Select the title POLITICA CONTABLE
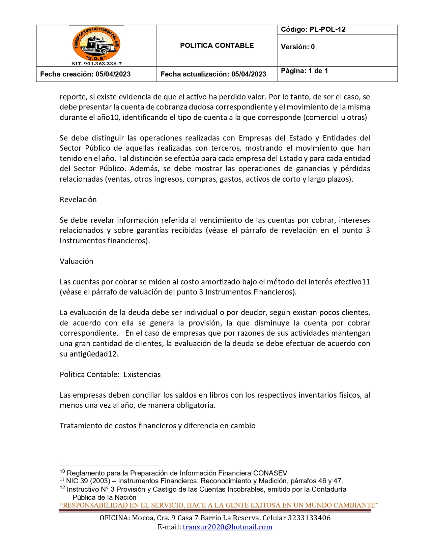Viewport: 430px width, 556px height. [217, 45]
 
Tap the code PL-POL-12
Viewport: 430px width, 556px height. [313, 29]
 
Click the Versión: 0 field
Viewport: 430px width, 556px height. [298, 47]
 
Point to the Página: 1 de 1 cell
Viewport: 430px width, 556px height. [304, 71]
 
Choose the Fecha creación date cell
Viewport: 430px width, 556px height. [85, 74]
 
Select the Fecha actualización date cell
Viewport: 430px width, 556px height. [213, 74]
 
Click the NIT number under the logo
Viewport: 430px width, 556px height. [97, 64]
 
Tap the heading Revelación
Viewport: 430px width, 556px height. [78, 199]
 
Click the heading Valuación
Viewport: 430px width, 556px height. [77, 261]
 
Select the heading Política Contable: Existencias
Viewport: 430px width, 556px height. [110, 374]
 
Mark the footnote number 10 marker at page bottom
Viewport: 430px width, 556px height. [62, 471]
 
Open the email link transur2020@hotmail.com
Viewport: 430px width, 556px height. [227, 527]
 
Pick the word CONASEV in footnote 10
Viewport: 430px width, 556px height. [270, 473]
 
